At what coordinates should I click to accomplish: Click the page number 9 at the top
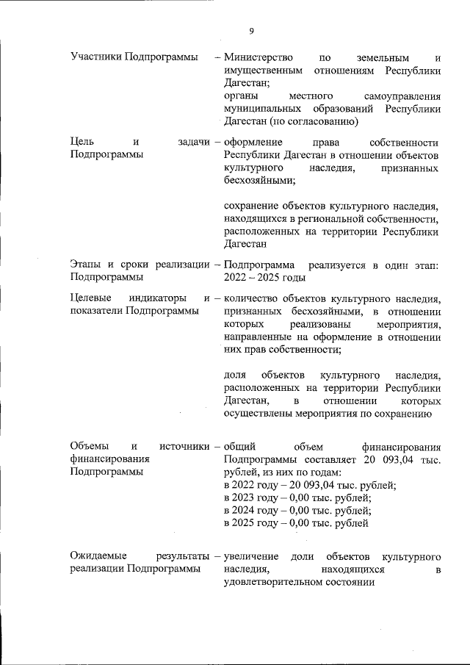tap(251, 30)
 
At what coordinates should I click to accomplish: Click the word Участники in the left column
tap(95, 57)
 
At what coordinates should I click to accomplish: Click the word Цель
tap(82, 142)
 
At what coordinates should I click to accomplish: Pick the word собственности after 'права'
tap(405, 142)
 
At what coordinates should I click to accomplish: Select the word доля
tap(234, 375)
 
